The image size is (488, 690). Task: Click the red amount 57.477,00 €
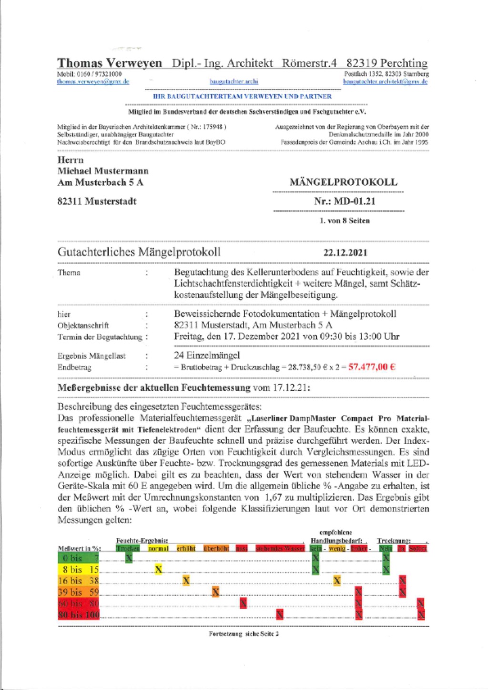(372, 367)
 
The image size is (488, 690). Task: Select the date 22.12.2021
(345, 252)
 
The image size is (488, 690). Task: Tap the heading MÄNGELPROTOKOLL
(343, 182)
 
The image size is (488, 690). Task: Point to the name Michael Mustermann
(103, 171)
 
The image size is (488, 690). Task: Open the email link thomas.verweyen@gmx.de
(93, 82)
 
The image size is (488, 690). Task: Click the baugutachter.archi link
(234, 82)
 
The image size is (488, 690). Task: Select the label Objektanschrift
(83, 325)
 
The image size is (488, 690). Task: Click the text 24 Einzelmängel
(207, 355)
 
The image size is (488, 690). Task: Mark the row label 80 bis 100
(79, 615)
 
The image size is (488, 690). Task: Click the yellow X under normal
(158, 569)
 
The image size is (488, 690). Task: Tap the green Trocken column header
(128, 548)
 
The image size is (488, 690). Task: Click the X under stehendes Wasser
(280, 614)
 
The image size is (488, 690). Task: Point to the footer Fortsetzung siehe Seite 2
(244, 634)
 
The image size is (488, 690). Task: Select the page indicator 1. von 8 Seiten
(345, 220)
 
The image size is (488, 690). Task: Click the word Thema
(69, 272)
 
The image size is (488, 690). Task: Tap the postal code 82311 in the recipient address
(70, 201)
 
